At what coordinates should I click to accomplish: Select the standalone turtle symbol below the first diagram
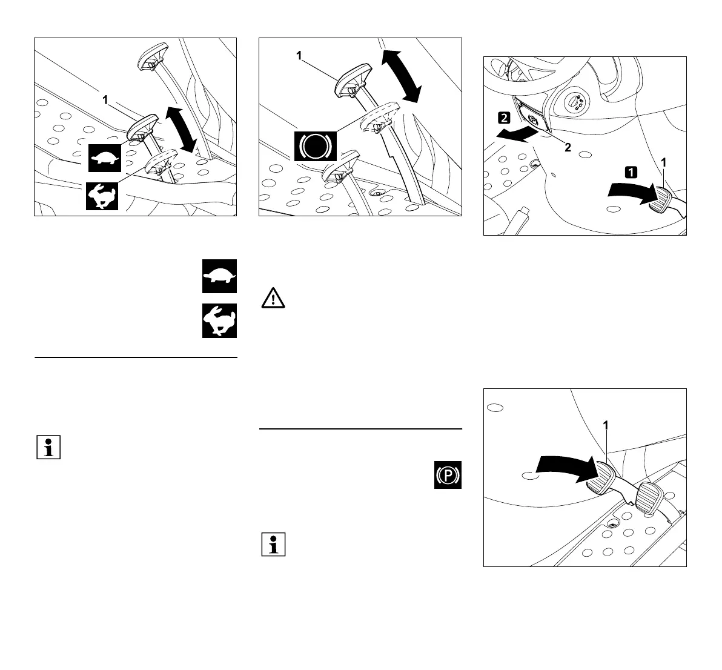219,277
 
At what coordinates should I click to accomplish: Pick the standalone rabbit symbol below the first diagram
219,320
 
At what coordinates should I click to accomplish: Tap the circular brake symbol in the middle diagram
315,145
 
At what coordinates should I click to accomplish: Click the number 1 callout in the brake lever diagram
299,56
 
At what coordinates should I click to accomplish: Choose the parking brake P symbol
448,474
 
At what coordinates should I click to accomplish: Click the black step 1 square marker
631,172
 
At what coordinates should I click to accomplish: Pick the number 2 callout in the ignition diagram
568,147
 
